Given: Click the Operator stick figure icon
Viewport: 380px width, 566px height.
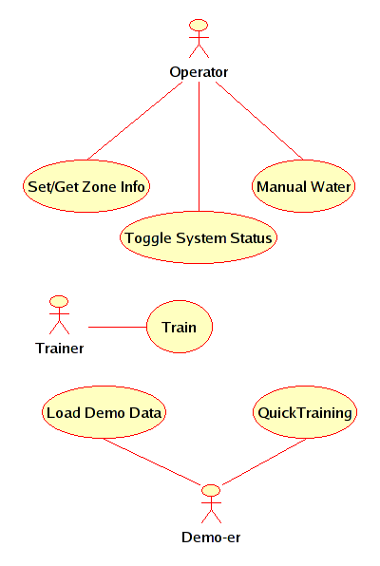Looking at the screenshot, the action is pyautogui.click(x=199, y=38).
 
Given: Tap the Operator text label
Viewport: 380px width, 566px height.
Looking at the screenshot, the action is pyautogui.click(x=199, y=72).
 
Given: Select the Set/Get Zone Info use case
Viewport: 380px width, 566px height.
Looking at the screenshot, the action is pyautogui.click(x=86, y=186).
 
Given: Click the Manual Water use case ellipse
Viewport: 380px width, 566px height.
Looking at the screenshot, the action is pyautogui.click(x=303, y=186).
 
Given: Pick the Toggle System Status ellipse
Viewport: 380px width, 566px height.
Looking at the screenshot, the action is pyautogui.click(x=199, y=237).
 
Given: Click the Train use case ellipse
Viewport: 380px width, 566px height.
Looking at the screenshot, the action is pyautogui.click(x=180, y=327).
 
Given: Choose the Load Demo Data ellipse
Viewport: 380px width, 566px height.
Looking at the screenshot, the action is pyautogui.click(x=104, y=412).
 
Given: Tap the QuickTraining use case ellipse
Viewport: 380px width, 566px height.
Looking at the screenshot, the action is pyautogui.click(x=305, y=412).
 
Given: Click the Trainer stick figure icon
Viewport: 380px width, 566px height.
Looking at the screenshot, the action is pyautogui.click(x=59, y=314).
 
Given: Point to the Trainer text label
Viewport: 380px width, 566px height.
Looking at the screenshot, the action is pyautogui.click(x=60, y=349).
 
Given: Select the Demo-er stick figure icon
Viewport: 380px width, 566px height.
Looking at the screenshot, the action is pyautogui.click(x=211, y=504).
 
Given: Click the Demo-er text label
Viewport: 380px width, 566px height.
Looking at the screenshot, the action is pyautogui.click(x=211, y=538).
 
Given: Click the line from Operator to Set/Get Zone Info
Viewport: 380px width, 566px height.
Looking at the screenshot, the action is pyautogui.click(x=135, y=121).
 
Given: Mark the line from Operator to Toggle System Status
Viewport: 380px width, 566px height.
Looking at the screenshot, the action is pyautogui.click(x=199, y=146).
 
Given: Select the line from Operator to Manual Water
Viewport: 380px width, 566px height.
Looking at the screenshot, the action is pyautogui.click(x=259, y=121).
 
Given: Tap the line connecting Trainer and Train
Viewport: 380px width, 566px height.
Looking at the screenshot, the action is pyautogui.click(x=118, y=327).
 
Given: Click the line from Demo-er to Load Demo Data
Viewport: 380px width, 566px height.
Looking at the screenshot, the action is pyautogui.click(x=152, y=462).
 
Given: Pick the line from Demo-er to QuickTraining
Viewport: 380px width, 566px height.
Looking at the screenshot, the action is pyautogui.click(x=264, y=462).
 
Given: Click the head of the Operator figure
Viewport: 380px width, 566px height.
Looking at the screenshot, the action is pyautogui.click(x=199, y=26).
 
